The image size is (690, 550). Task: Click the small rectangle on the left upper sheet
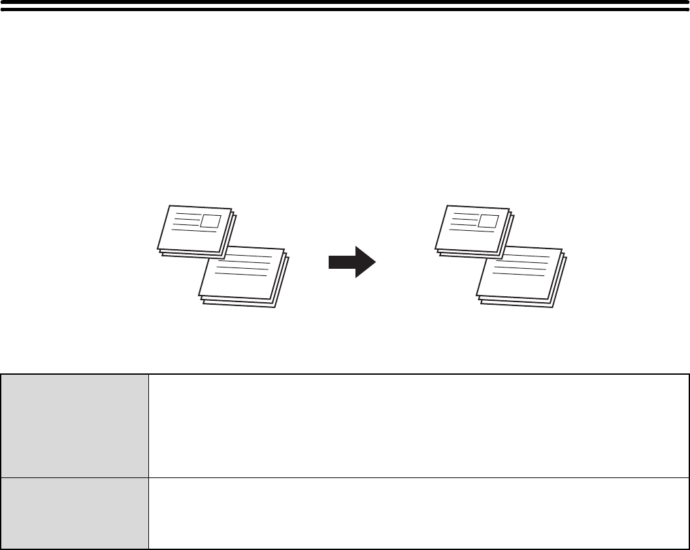(x=210, y=220)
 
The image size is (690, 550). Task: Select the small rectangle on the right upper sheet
(x=487, y=220)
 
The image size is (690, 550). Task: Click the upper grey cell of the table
(x=75, y=425)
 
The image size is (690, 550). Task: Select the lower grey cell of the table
(x=75, y=513)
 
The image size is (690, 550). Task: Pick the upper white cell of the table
(x=418, y=425)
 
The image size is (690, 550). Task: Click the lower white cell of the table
(x=418, y=513)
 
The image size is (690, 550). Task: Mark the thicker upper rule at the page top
(x=345, y=3)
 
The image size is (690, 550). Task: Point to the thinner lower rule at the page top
(x=345, y=10)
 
